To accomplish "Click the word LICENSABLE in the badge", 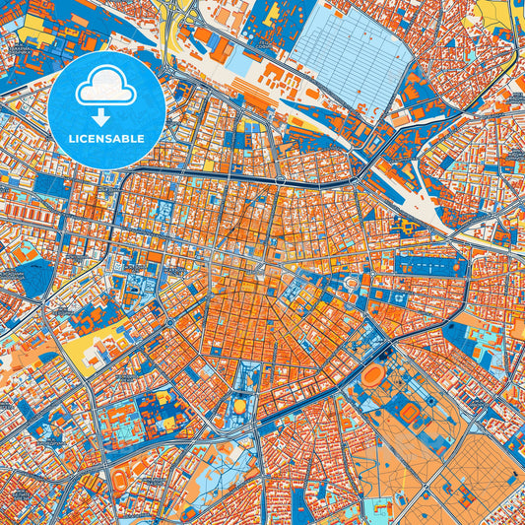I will (x=105, y=139).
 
